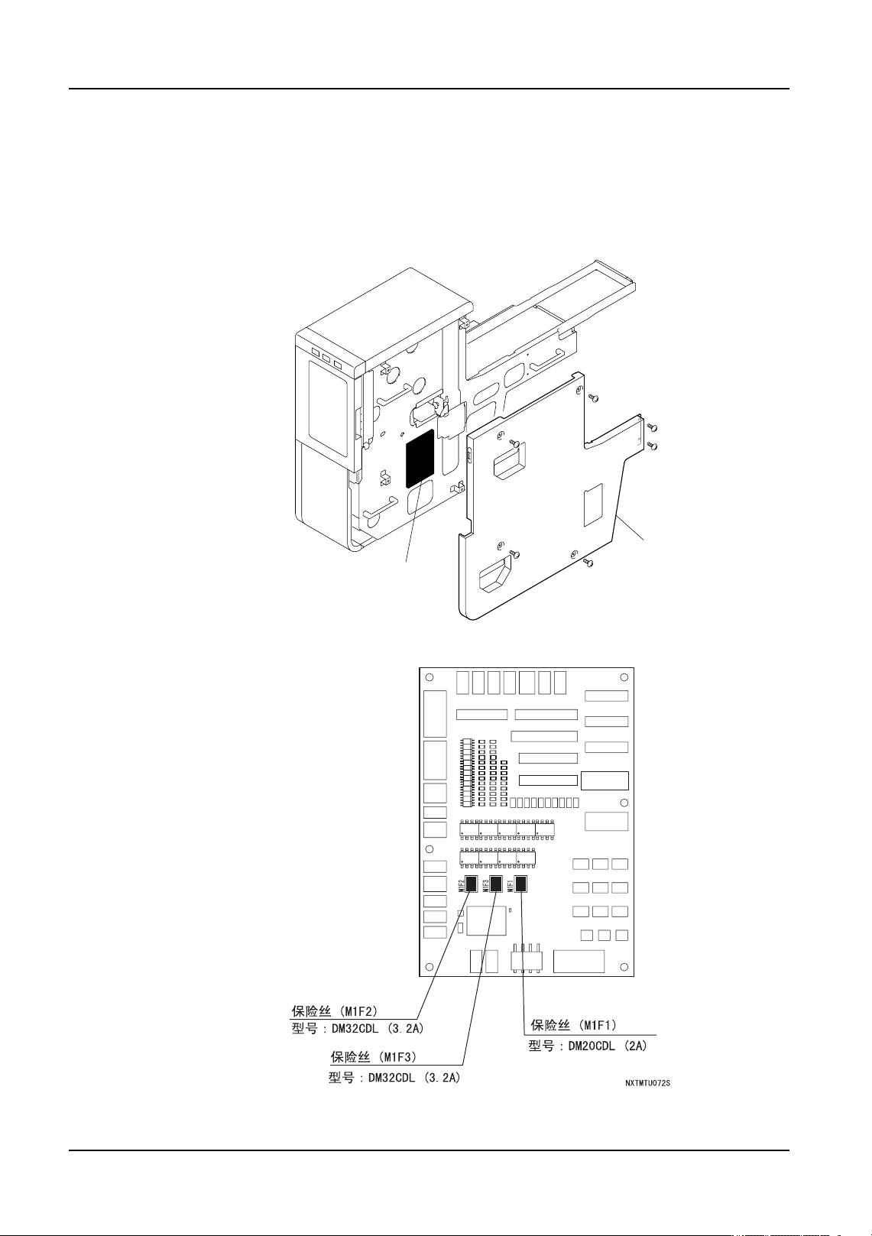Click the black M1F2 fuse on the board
tap(472, 884)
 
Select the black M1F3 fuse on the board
tap(496, 884)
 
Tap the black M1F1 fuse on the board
tap(520, 884)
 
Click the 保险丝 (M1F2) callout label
tap(335, 1011)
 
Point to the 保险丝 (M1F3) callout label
tap(373, 1057)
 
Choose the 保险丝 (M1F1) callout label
tap(573, 1025)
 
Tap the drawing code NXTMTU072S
tap(647, 1083)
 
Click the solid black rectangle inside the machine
tap(420, 458)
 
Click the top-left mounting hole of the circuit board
tap(430, 677)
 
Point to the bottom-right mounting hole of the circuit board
tap(624, 967)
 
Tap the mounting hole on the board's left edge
tap(430, 849)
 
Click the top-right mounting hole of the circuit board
tap(624, 677)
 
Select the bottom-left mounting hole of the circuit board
tap(430, 967)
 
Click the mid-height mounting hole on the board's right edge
tap(624, 803)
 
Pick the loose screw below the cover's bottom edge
tap(588, 563)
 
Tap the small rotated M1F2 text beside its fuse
tap(462, 885)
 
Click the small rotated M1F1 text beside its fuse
tap(511, 885)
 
